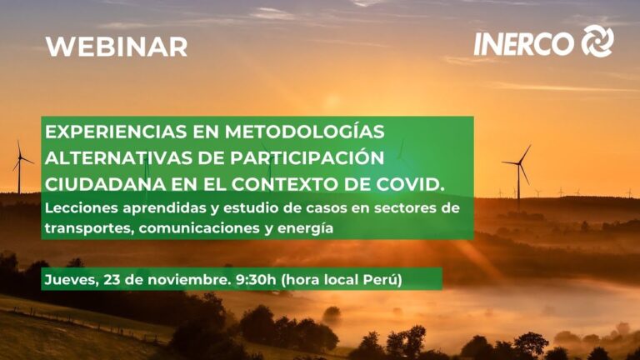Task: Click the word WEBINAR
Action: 116,47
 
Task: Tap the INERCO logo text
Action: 524,42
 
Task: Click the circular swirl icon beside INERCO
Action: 597,41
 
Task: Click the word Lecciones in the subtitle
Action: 77,206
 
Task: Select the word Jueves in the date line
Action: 69,279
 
